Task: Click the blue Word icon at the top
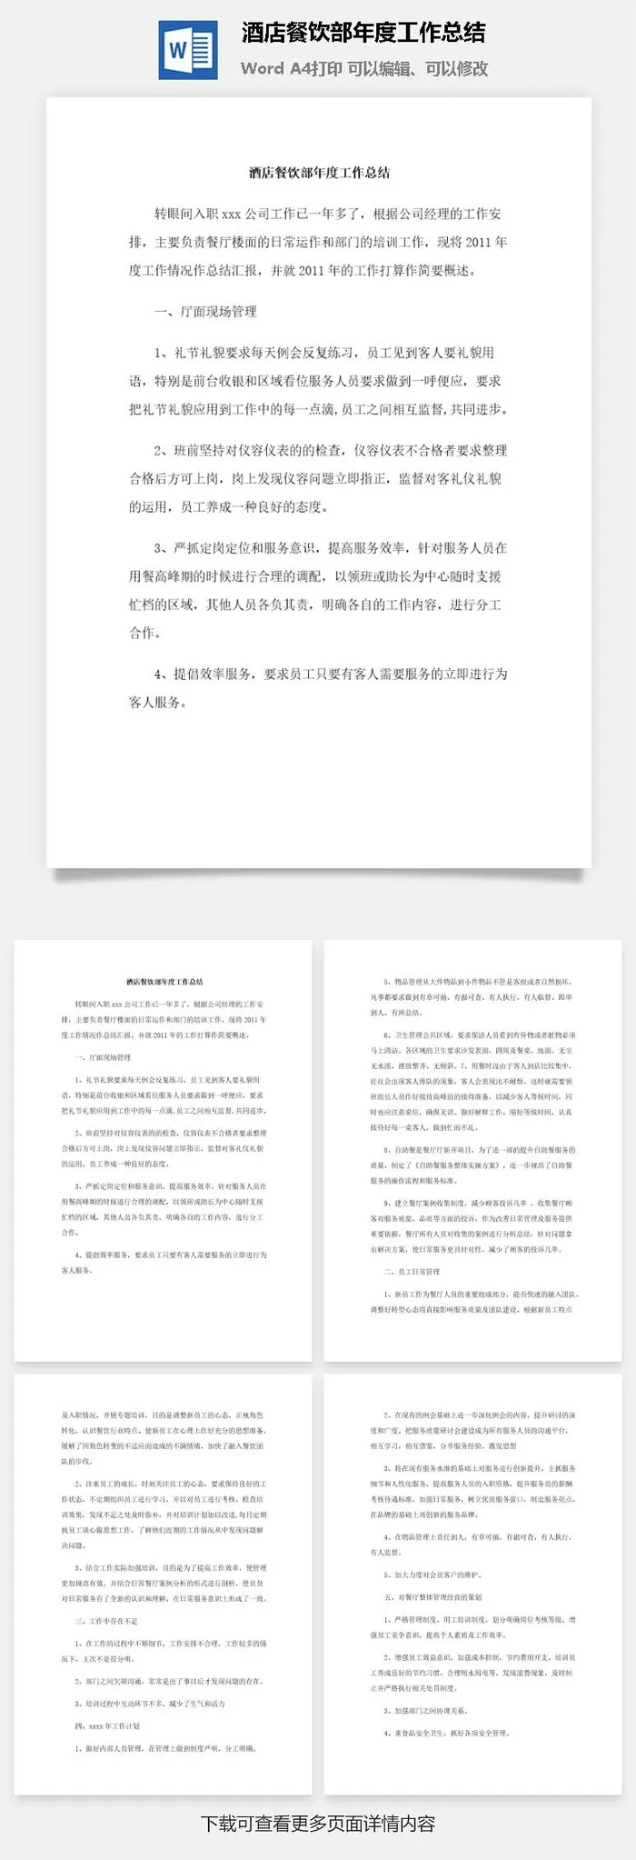tap(188, 50)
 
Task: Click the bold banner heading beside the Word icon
tap(363, 34)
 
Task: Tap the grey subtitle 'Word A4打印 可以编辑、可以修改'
tap(364, 68)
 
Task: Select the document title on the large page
tap(319, 172)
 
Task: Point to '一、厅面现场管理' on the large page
tap(205, 312)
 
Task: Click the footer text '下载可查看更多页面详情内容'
tap(318, 1824)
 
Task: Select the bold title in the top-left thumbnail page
tap(164, 982)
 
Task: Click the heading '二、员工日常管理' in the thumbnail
tap(412, 1271)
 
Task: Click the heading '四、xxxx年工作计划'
tap(107, 1725)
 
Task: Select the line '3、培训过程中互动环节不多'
tap(150, 1704)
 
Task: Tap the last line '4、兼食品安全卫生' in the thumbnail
tap(445, 1734)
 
